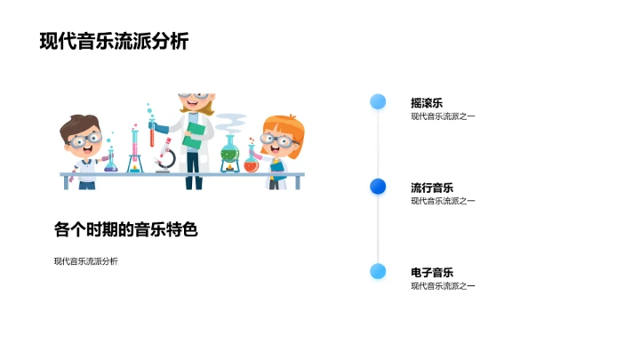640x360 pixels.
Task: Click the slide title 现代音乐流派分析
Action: tap(114, 42)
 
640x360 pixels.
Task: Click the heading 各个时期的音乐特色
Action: tap(124, 229)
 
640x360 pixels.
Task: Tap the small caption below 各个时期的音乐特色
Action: tap(85, 261)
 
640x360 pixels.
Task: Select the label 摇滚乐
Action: tap(426, 103)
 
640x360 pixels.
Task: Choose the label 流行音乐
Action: tap(432, 188)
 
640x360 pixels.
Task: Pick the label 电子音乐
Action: tap(432, 272)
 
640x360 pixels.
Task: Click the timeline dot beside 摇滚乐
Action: tap(378, 101)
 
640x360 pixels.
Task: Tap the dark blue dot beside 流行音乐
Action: tap(378, 186)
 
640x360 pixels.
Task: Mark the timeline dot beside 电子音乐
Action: tap(378, 271)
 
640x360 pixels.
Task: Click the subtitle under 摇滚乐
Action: tap(443, 116)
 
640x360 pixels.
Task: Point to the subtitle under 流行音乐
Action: tap(443, 201)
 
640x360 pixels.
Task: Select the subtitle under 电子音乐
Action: tap(443, 285)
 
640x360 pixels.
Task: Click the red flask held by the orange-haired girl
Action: tap(252, 162)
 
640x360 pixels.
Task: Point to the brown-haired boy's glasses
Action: tap(84, 140)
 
